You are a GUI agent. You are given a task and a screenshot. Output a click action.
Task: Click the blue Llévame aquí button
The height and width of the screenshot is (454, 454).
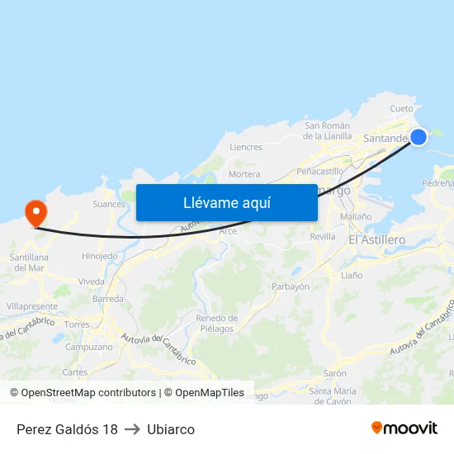[x=226, y=202]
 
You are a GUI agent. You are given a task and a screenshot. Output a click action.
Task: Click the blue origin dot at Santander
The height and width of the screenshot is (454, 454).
[x=419, y=137]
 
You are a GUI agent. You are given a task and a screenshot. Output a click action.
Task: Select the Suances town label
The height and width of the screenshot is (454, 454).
[x=109, y=204]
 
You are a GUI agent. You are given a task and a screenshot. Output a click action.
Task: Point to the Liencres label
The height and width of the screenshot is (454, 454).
[x=246, y=148]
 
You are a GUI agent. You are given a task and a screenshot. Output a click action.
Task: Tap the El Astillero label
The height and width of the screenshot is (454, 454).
[x=376, y=239]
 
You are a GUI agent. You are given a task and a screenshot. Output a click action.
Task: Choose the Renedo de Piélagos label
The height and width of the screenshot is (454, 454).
[x=217, y=324]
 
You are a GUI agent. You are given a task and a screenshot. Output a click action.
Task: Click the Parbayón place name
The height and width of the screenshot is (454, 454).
[x=291, y=286]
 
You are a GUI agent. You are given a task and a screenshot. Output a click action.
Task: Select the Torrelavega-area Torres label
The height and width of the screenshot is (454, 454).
[x=77, y=324]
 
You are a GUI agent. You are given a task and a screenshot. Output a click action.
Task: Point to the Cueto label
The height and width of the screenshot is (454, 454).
[x=401, y=109]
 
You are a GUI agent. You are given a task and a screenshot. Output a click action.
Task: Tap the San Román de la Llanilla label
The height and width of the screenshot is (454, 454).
[x=327, y=130]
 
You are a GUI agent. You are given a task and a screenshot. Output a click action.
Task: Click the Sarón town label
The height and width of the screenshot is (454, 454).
[x=334, y=373]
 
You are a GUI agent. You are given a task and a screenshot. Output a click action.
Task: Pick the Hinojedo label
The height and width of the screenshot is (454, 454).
[x=99, y=256]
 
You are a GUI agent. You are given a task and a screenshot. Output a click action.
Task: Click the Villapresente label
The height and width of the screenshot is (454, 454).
[x=32, y=306]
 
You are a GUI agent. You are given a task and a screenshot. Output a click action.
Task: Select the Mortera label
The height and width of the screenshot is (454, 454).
[x=244, y=174]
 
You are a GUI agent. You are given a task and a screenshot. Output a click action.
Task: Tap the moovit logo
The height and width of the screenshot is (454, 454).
[x=404, y=428]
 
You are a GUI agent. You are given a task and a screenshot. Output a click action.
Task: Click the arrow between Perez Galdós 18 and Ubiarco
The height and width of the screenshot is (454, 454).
[x=132, y=429]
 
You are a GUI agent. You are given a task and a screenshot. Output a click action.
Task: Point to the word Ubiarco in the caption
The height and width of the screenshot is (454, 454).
[x=171, y=429]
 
